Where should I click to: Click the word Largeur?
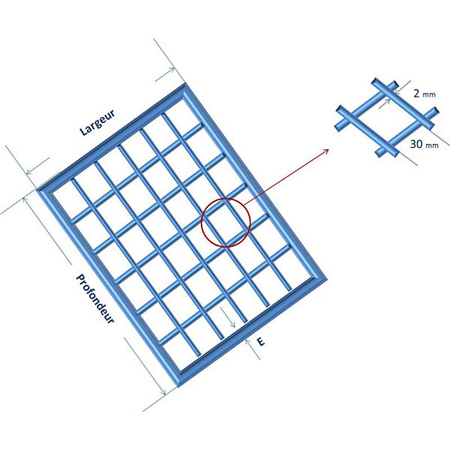(x=97, y=122)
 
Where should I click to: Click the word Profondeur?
(x=95, y=298)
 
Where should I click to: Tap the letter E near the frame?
(x=261, y=342)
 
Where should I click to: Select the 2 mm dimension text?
(x=424, y=93)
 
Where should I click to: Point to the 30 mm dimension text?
(x=424, y=144)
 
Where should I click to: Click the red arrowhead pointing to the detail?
(x=326, y=151)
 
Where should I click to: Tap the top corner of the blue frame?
(x=185, y=83)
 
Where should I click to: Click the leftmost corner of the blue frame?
(x=37, y=190)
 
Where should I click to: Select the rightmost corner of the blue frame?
(x=327, y=280)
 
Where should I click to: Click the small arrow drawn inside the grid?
(x=227, y=316)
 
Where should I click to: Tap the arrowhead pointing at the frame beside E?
(x=247, y=341)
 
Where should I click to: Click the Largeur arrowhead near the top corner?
(x=172, y=70)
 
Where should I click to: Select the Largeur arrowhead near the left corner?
(x=28, y=172)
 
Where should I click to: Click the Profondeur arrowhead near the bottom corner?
(x=163, y=392)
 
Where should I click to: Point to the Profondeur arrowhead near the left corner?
(x=25, y=198)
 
